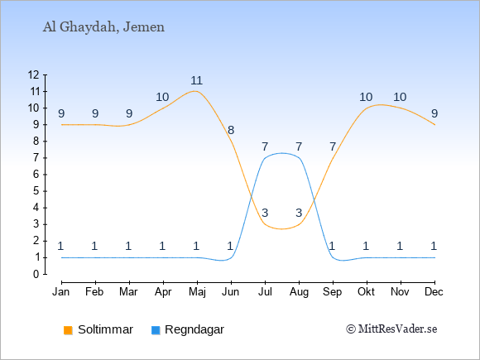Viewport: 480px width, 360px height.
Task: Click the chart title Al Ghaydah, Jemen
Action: (x=103, y=27)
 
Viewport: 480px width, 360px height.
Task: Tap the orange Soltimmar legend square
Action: (x=68, y=330)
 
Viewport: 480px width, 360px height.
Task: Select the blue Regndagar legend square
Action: (x=156, y=330)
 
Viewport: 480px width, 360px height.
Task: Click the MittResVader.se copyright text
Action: (x=391, y=329)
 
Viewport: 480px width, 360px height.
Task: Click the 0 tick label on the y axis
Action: (x=36, y=274)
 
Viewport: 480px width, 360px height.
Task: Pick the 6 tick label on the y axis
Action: (x=36, y=175)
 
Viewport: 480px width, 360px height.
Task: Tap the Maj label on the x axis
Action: (x=197, y=292)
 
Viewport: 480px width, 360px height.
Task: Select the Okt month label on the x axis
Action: (x=366, y=292)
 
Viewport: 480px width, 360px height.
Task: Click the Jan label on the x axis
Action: (x=61, y=292)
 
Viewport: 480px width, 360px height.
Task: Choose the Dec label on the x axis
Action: (x=434, y=292)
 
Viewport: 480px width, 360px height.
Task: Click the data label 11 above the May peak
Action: (x=196, y=80)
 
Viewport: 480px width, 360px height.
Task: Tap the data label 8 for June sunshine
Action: (x=231, y=131)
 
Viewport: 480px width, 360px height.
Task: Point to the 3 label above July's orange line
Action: (x=265, y=213)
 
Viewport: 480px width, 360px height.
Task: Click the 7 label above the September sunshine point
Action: (x=333, y=147)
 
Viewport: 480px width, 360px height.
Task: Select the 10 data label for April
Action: (x=162, y=98)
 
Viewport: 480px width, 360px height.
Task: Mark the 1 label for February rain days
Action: (x=94, y=246)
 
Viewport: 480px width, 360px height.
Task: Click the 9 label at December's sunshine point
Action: (x=434, y=114)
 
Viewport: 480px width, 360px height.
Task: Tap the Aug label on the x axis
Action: (x=299, y=292)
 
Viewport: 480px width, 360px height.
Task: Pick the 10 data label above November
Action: (x=400, y=98)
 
